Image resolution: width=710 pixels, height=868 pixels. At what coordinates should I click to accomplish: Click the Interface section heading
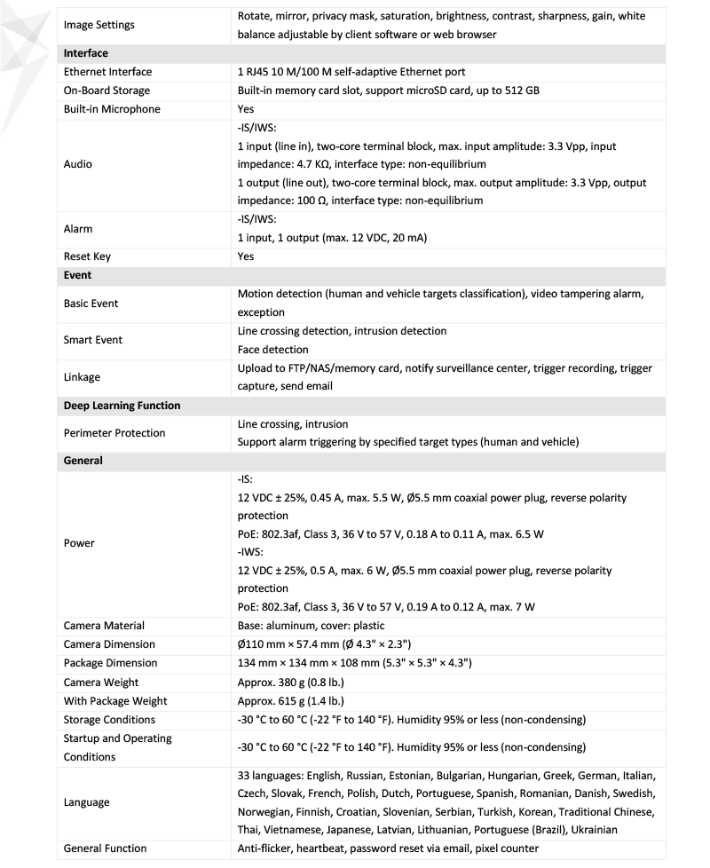pos(85,53)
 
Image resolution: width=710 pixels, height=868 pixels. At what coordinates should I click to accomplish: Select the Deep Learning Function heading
pos(122,406)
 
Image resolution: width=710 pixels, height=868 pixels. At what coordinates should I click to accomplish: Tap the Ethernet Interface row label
pos(107,72)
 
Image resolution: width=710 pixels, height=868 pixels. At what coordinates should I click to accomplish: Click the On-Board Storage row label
pos(106,91)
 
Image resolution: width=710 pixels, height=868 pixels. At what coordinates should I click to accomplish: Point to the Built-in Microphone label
pos(112,109)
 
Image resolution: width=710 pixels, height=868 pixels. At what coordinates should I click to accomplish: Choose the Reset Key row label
pos(87,256)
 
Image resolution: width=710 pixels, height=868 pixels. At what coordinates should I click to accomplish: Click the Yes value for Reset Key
pos(246,256)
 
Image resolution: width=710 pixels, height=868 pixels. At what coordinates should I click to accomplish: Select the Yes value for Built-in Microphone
pos(246,109)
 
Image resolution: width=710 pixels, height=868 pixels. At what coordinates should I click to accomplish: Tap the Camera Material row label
pos(104,626)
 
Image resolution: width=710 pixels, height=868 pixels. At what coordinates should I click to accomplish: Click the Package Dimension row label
pos(110,663)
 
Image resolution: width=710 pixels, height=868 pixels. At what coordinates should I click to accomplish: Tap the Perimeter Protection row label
pos(114,433)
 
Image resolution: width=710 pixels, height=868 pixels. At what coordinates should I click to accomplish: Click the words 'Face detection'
pos(273,350)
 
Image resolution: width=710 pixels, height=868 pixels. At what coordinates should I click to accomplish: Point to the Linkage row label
pos(83,377)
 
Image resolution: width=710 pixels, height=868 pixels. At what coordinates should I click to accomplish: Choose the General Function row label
pos(105,848)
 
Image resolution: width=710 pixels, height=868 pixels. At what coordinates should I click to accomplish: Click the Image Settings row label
pos(99,25)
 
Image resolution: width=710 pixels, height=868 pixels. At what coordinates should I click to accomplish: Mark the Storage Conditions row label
pos(109,719)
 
